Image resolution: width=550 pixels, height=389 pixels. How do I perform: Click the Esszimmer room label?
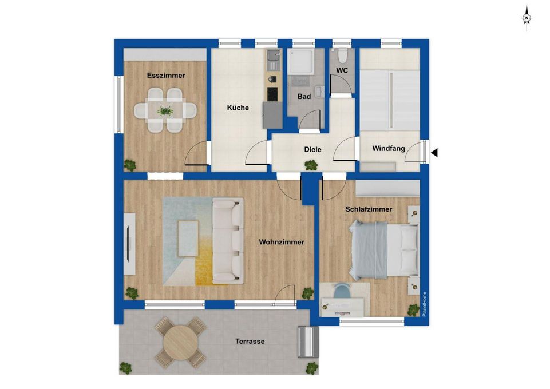click(166, 76)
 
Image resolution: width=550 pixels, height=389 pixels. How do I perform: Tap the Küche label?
click(238, 108)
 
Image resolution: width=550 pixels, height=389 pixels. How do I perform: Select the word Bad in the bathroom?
click(304, 96)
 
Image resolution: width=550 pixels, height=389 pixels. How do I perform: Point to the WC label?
click(342, 70)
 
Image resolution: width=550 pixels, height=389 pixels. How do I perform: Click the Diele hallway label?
click(312, 150)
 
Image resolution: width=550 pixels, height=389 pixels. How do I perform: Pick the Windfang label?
click(389, 149)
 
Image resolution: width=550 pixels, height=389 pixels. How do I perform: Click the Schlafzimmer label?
click(369, 209)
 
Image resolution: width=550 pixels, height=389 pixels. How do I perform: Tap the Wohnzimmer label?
click(282, 242)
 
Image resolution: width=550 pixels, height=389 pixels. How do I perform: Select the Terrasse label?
click(250, 342)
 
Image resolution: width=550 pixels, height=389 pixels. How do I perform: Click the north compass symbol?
click(527, 18)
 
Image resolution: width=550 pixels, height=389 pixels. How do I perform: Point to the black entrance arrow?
click(434, 153)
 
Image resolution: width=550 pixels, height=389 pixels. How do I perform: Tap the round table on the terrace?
click(181, 342)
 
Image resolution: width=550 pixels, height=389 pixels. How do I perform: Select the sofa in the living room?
click(228, 241)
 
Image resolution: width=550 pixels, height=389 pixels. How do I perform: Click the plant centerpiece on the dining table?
click(165, 111)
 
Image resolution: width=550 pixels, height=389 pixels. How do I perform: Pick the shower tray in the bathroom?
click(300, 61)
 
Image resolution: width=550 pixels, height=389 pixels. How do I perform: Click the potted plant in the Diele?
click(311, 165)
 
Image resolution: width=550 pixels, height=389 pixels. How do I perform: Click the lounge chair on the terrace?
click(308, 342)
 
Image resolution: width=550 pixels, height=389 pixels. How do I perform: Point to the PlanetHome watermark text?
click(425, 304)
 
